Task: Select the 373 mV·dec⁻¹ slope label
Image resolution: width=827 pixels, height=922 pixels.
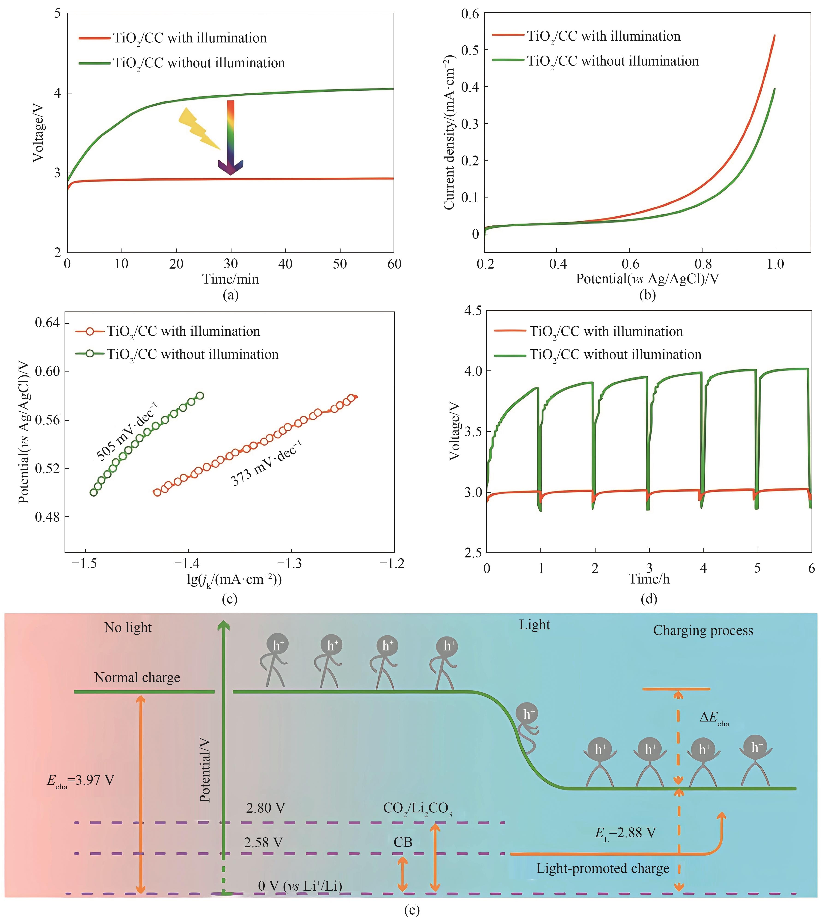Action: (x=266, y=464)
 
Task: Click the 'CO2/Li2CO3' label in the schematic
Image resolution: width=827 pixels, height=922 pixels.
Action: (x=417, y=808)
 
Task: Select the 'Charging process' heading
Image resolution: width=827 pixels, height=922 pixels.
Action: (x=703, y=631)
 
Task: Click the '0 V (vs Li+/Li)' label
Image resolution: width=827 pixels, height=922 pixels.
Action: (x=300, y=886)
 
